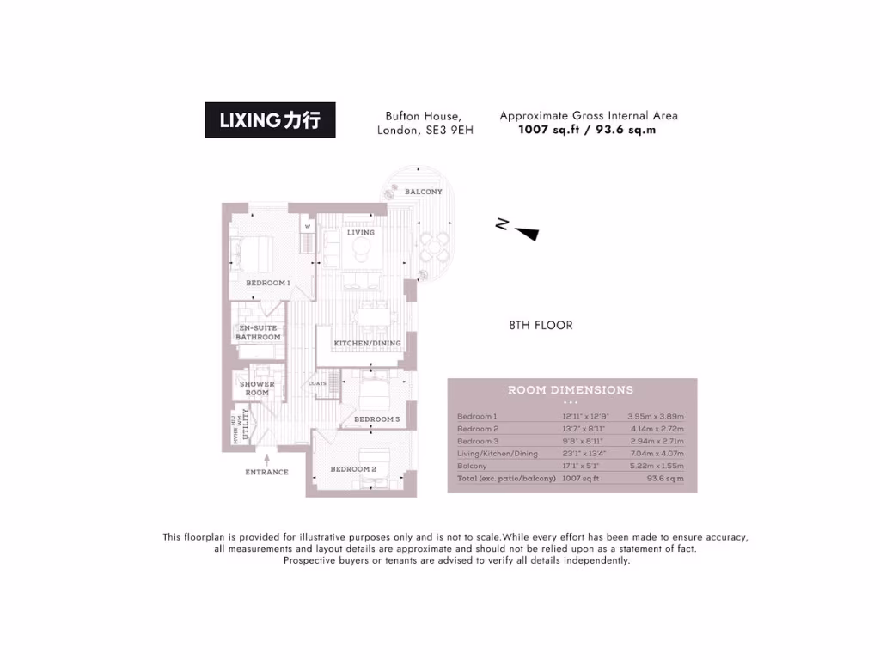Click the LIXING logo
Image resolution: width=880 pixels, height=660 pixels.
tap(270, 120)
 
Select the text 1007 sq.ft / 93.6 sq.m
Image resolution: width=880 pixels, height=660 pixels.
tap(587, 131)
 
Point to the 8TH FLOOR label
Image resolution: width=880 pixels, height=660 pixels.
tap(541, 326)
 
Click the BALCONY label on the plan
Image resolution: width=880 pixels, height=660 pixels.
tap(424, 192)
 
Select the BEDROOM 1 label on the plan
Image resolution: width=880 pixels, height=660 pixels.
tap(268, 283)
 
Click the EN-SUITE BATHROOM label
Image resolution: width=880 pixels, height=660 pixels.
tap(259, 333)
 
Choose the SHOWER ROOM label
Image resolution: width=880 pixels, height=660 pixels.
tap(257, 388)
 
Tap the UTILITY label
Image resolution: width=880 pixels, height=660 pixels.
tap(246, 425)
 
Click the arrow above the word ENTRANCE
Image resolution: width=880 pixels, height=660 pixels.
tap(266, 461)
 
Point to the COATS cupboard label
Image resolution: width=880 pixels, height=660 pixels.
tap(317, 384)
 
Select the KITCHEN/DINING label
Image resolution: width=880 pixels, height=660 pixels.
tap(367, 344)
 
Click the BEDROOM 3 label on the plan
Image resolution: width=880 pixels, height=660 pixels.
tap(376, 419)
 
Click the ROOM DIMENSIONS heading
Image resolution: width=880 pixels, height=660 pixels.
tap(571, 389)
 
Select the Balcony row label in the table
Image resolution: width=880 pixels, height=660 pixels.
tap(472, 466)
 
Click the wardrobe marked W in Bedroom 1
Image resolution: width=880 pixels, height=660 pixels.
tap(306, 228)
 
